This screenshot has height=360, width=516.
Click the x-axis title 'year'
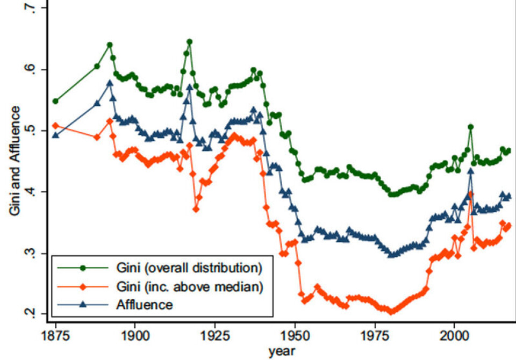281,351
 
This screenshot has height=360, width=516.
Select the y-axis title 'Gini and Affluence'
15,161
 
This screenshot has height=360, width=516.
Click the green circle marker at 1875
55,101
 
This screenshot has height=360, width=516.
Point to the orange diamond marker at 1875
55,125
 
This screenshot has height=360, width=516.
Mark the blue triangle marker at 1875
55,135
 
